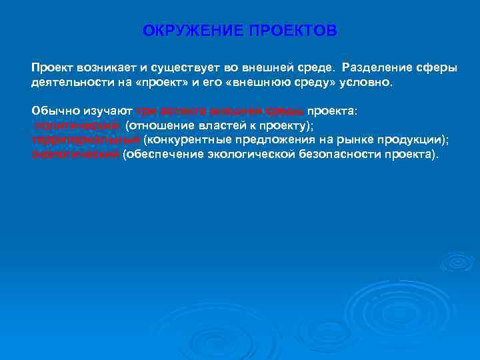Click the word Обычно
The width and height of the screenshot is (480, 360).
point(50,111)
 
